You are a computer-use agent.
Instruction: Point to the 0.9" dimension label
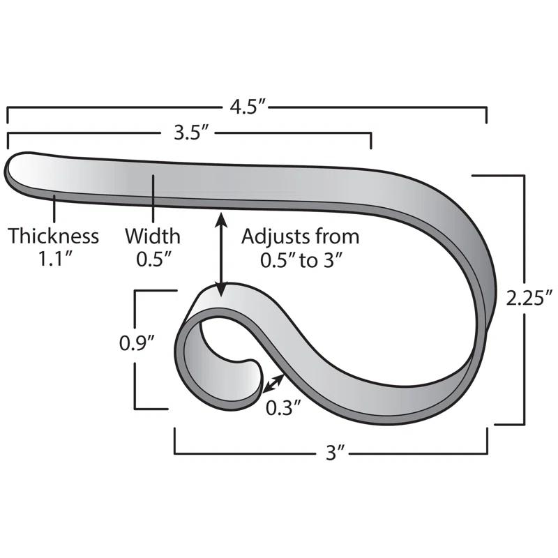(x=137, y=343)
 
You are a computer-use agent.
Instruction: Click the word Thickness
(x=53, y=236)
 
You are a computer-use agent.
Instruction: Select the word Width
(x=152, y=236)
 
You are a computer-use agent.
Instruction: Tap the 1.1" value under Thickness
(x=53, y=259)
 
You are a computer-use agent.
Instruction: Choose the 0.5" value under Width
(x=152, y=259)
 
